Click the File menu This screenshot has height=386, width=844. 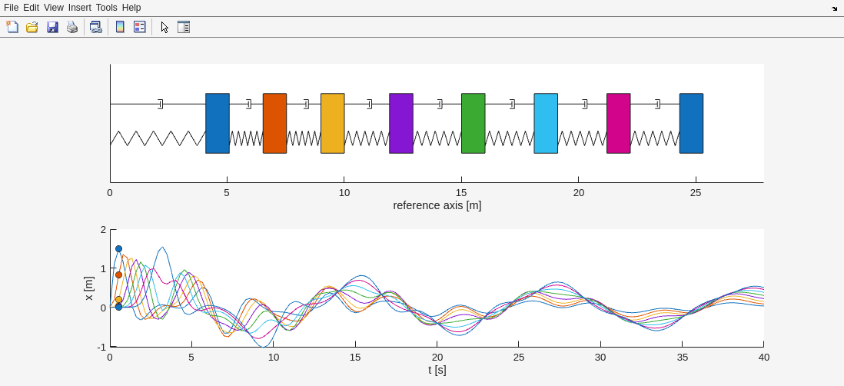coord(11,8)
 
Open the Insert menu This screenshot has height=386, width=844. coord(79,8)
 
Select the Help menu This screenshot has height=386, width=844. coord(131,8)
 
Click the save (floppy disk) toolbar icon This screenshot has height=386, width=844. coord(52,27)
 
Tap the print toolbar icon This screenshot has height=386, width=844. coord(72,27)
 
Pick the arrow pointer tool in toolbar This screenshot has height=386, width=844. coord(164,27)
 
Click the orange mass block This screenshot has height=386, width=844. coord(274,123)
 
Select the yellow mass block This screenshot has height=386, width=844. coord(332,123)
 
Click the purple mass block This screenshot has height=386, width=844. coord(401,123)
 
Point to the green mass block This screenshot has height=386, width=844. coord(474,123)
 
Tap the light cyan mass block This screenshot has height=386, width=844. coord(546,123)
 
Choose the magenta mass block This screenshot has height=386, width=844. coord(618,123)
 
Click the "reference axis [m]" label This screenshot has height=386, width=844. coord(437,205)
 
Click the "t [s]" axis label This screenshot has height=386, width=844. coord(437,370)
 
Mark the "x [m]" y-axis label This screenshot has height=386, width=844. coord(88,288)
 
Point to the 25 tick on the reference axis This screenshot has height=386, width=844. coord(696,193)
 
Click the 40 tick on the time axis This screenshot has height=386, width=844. coord(763,357)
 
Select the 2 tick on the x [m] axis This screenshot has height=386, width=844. coord(103,230)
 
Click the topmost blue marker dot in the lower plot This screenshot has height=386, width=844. coord(118,249)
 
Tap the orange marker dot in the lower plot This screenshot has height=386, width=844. coord(118,275)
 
